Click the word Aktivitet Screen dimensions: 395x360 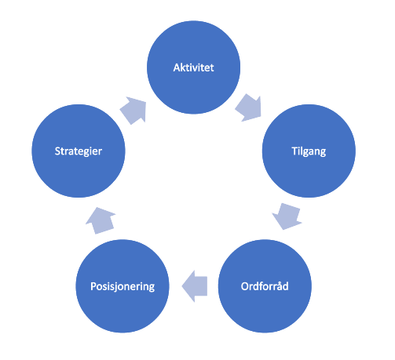[193, 67]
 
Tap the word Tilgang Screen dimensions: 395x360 [309, 151]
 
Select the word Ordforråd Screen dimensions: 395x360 [265, 286]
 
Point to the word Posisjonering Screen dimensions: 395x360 [123, 286]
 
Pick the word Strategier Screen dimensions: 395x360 [79, 151]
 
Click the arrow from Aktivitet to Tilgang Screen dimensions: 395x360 [249, 107]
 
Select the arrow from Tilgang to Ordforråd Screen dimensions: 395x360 [287, 216]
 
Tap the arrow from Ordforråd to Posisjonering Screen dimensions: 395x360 [195, 286]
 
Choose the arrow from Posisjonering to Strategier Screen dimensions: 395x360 [101, 220]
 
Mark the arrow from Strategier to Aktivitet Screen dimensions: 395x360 [133, 110]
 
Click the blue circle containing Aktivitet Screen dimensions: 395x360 [193, 67]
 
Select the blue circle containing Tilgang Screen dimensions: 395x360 [309, 151]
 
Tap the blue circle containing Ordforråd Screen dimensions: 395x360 [265, 286]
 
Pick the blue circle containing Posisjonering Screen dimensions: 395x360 [123, 286]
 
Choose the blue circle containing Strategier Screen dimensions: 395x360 [79, 151]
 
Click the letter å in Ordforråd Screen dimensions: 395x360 [279, 285]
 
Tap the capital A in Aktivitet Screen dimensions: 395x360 [177, 67]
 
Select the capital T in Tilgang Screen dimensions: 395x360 [295, 151]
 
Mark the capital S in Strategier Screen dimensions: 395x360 [57, 151]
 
